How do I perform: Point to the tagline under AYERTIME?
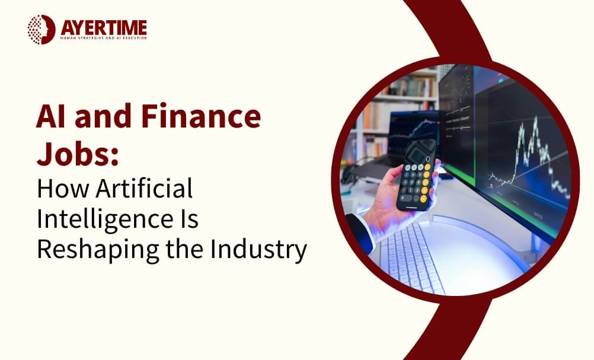point(104,39)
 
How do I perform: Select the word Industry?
point(258,249)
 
